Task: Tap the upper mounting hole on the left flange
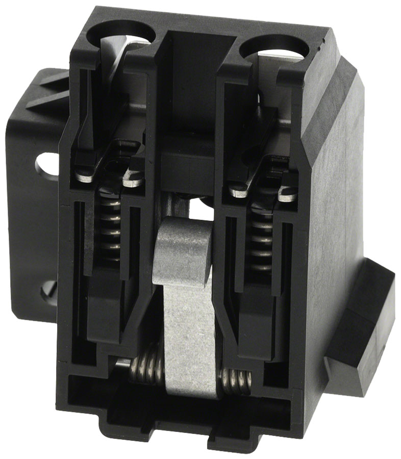tap(46, 165)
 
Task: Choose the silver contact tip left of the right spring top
tap(238, 192)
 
